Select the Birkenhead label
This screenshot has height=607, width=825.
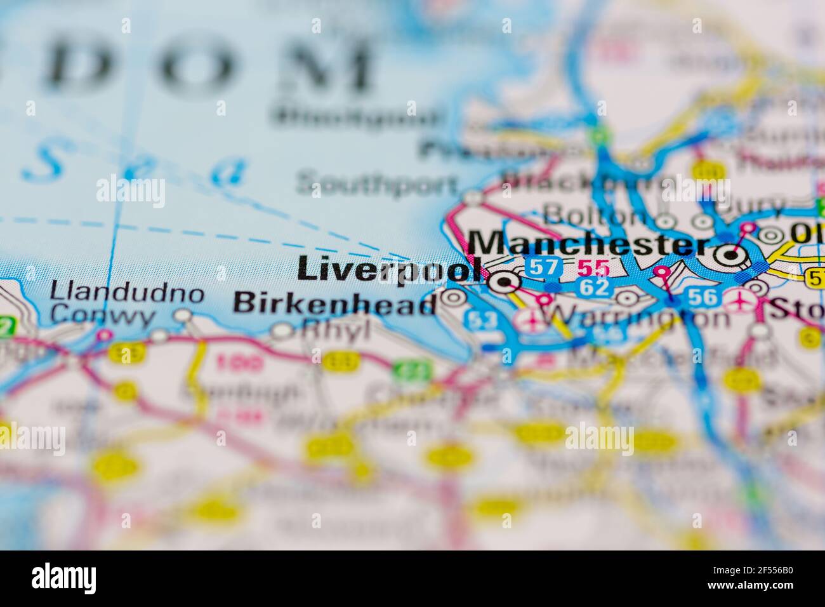335,303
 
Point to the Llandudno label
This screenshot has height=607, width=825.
127,293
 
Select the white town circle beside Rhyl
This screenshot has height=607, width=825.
282,330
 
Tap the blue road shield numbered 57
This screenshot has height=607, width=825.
544,267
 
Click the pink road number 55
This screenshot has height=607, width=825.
593,268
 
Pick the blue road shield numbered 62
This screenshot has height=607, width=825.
594,287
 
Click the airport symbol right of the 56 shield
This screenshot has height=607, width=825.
741,298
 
